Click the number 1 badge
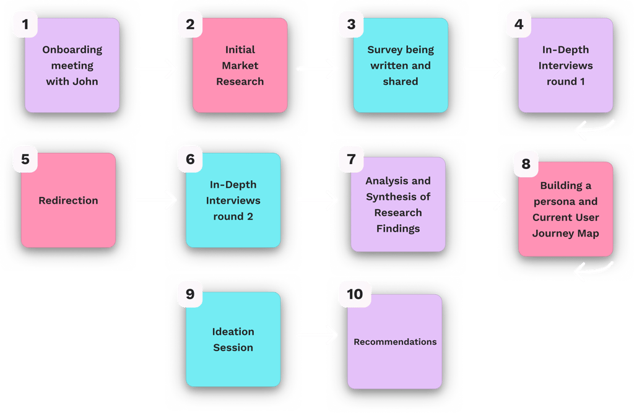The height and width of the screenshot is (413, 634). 25,25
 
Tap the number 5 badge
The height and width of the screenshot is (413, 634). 25,159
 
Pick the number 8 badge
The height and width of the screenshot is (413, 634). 526,164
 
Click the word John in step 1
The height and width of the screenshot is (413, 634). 85,81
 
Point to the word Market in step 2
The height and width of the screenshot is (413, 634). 240,66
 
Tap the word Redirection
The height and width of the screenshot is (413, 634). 68,201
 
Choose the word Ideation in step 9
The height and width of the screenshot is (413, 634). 233,331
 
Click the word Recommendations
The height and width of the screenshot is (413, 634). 395,342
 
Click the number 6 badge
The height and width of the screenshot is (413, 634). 190,159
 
